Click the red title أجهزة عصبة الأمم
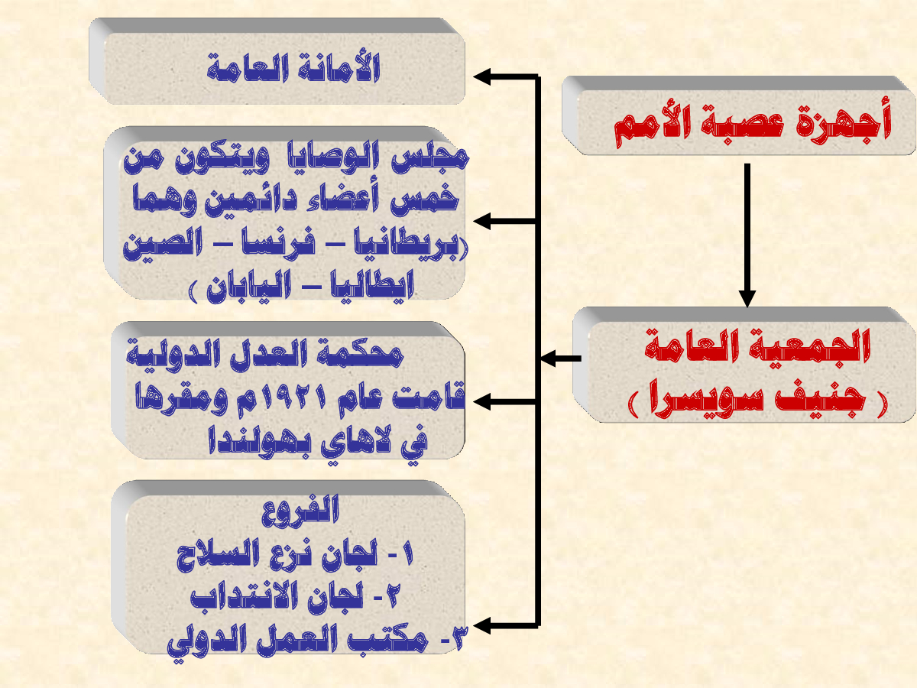click(x=753, y=122)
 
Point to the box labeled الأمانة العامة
click(x=277, y=61)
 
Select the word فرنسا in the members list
click(x=279, y=244)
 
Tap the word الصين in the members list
click(x=163, y=244)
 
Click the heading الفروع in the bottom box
click(x=300, y=510)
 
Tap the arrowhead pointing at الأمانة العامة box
click(x=482, y=77)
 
